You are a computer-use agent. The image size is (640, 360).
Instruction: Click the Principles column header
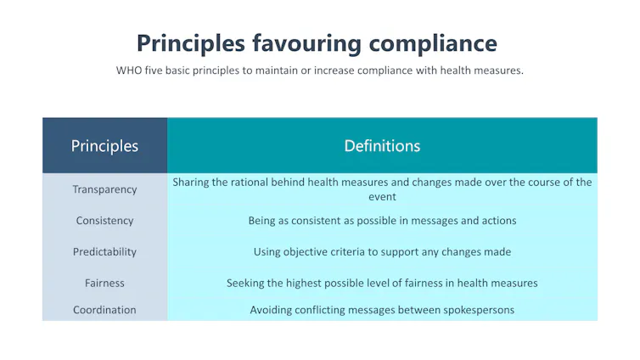104,146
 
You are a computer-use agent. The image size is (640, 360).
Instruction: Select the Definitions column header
382,146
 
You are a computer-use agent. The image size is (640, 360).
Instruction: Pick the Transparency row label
104,189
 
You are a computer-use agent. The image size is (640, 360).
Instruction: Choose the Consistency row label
104,221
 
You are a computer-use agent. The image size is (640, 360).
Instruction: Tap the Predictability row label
104,252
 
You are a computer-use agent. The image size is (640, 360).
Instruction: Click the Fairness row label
104,283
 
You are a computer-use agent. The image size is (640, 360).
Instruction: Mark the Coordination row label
104,310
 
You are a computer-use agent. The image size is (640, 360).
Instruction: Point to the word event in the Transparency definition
382,197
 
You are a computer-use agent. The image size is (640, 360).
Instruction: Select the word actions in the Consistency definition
498,221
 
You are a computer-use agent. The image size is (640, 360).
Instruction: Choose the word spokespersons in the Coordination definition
477,310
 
